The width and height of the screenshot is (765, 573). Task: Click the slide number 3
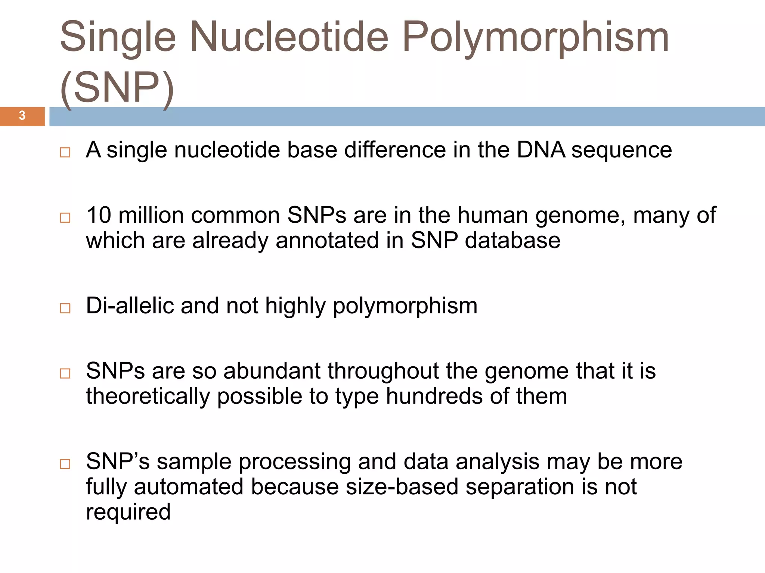(x=22, y=116)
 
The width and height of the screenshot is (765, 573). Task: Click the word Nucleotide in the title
(x=289, y=37)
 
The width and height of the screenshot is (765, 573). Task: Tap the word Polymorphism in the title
(x=535, y=37)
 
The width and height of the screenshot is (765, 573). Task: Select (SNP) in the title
(x=117, y=88)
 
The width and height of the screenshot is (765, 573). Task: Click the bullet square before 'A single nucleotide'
(x=65, y=152)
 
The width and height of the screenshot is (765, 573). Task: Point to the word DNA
(x=541, y=150)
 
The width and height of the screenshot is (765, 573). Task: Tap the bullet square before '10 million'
(x=65, y=217)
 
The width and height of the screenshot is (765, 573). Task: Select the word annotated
(x=327, y=240)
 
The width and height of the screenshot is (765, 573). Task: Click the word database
(x=512, y=240)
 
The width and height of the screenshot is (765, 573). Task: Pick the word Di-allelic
(x=130, y=306)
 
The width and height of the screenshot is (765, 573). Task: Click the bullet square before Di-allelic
(x=65, y=308)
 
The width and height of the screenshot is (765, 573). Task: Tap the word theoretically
(x=148, y=396)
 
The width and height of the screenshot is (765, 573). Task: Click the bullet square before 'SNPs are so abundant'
(x=65, y=373)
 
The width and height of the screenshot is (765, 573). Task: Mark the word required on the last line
(x=128, y=512)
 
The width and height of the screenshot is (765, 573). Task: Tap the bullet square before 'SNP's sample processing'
(x=65, y=464)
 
